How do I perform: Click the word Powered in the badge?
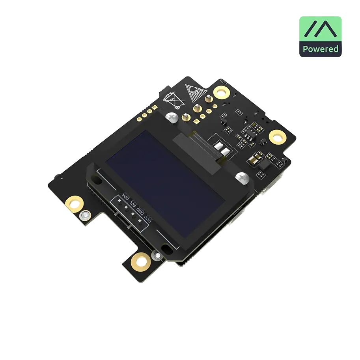320,49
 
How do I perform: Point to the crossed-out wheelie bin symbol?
174,100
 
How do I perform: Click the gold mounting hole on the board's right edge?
278,137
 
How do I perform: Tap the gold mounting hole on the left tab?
74,203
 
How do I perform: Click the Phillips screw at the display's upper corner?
172,118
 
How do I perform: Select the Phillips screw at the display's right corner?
242,178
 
